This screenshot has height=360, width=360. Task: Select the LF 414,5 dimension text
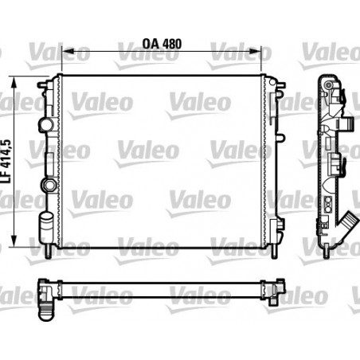[7, 164]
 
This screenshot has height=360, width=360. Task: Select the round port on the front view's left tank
[52, 186]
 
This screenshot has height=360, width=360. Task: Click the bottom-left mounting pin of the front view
[53, 251]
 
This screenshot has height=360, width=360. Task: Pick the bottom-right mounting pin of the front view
[273, 251]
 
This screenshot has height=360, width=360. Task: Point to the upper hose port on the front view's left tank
[45, 126]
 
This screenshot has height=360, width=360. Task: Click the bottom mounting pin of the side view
[327, 252]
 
